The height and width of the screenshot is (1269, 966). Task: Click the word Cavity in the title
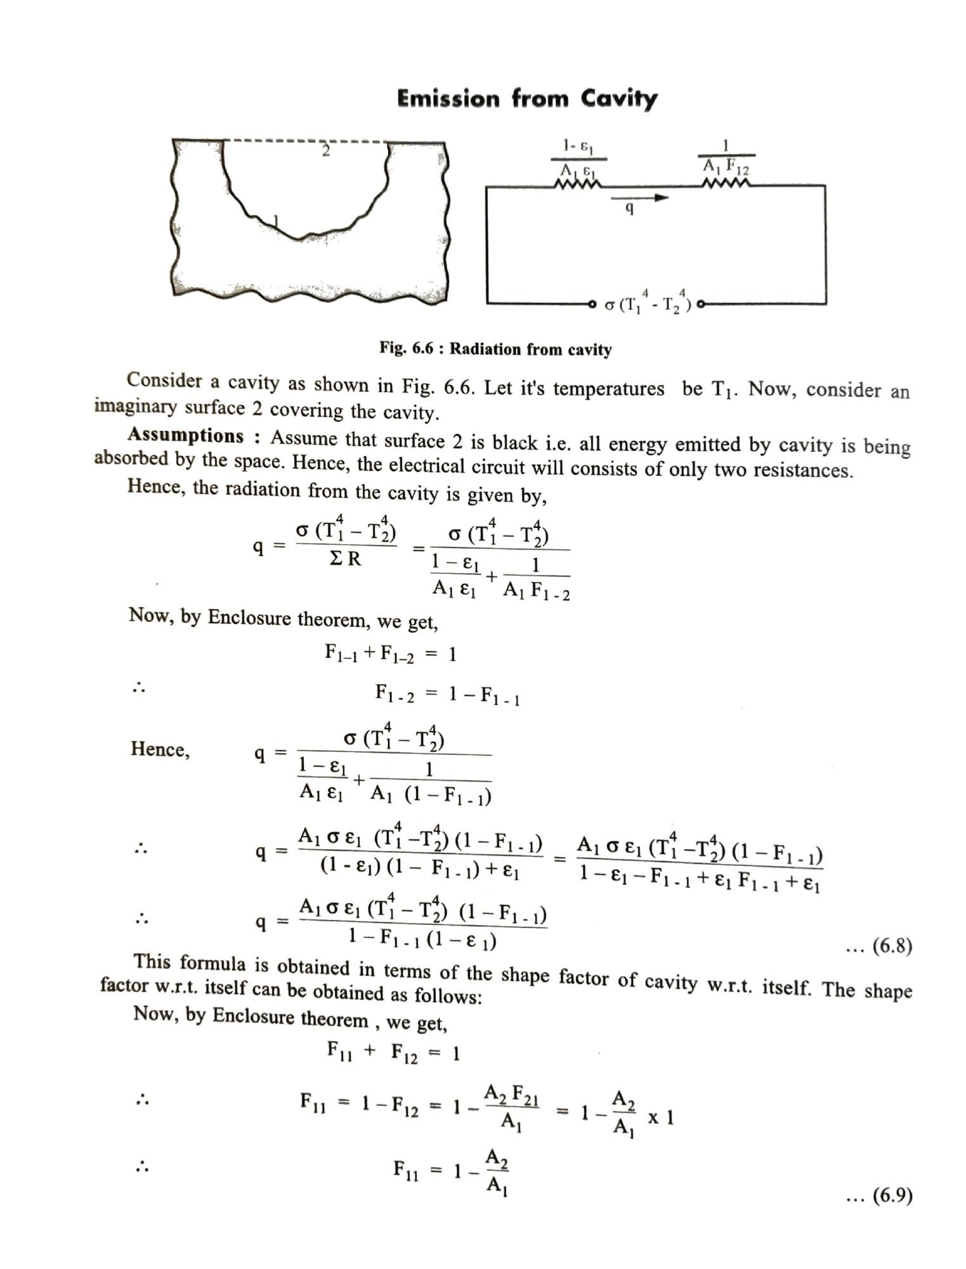tap(618, 100)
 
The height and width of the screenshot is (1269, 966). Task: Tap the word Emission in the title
tap(448, 99)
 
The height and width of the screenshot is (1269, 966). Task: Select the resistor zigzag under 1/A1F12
tap(726, 185)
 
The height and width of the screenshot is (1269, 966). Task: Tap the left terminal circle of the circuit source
tap(592, 304)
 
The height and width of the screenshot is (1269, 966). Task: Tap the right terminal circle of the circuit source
tap(700, 305)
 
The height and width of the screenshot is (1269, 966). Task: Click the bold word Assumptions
tap(185, 435)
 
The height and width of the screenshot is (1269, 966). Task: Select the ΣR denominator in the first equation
tap(346, 560)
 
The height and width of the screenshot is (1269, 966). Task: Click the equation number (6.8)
tap(892, 947)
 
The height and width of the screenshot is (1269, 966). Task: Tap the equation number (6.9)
tap(892, 1196)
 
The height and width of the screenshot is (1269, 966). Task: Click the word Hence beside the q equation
tap(160, 749)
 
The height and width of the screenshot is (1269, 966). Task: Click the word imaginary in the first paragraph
tap(136, 405)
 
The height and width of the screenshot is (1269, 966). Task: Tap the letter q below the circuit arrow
tap(629, 208)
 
